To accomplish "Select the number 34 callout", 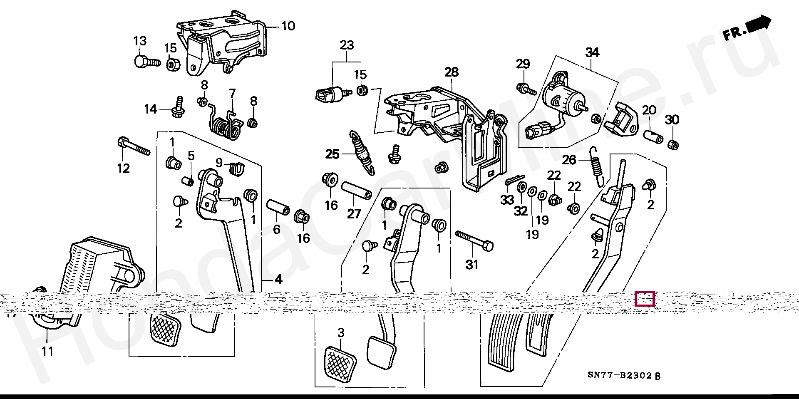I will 592,53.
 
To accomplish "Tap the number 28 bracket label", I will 451,72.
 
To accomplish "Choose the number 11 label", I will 47,351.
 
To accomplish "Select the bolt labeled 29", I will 526,88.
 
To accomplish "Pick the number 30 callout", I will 672,120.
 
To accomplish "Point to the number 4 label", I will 278,280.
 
